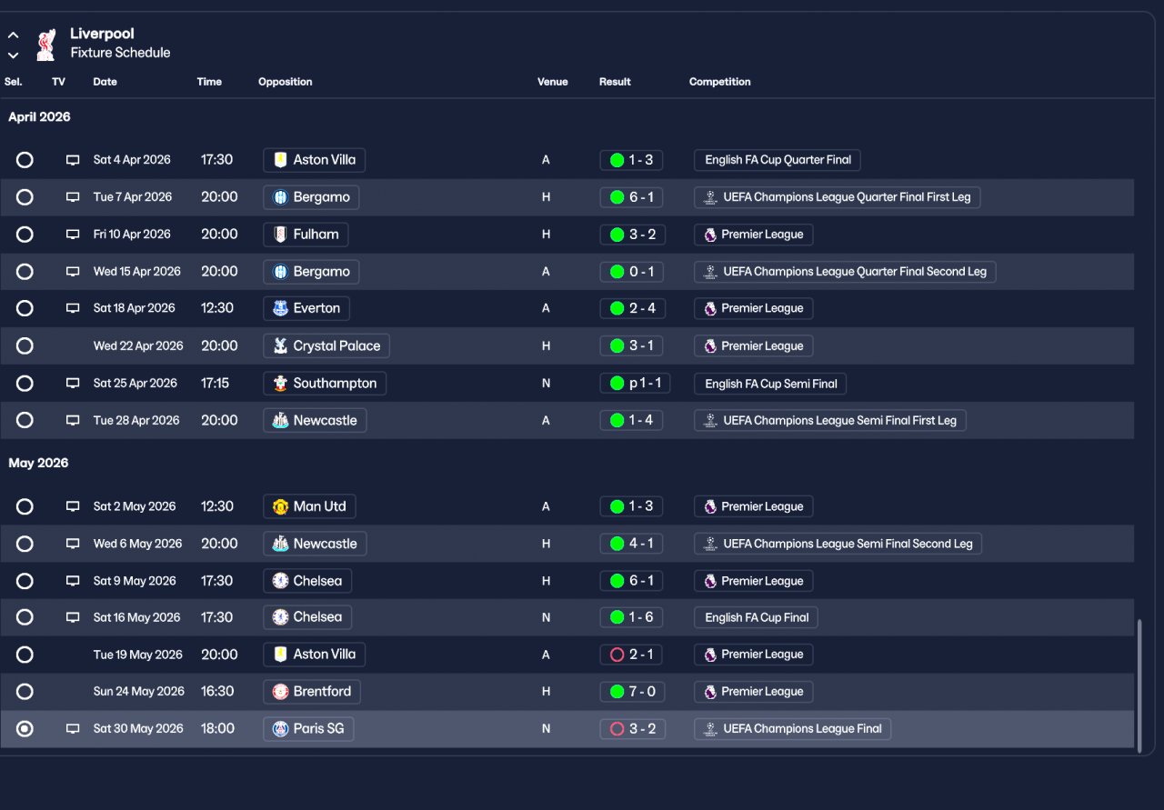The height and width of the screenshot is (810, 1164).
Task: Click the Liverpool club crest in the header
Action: click(x=45, y=44)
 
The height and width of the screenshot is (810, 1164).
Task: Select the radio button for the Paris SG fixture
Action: click(x=25, y=729)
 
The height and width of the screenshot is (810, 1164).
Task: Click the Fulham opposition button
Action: click(x=306, y=235)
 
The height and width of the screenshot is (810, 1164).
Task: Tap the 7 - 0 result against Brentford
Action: click(x=632, y=692)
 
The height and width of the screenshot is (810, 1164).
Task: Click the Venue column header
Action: click(x=552, y=82)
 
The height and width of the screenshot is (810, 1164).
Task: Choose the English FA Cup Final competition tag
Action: click(x=756, y=617)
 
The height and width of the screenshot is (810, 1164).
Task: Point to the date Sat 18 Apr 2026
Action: click(x=134, y=308)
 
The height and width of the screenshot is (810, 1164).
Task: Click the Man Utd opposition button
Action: click(x=309, y=506)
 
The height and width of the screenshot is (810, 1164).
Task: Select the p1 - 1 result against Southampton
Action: click(x=636, y=384)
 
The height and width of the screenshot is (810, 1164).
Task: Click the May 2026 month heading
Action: click(x=38, y=464)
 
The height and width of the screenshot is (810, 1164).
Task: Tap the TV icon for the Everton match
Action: click(x=73, y=308)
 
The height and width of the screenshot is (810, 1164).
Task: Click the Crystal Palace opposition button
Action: click(x=326, y=346)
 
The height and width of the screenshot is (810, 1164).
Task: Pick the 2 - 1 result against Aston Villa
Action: click(x=632, y=655)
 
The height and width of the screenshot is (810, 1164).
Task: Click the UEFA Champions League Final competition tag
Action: click(x=792, y=729)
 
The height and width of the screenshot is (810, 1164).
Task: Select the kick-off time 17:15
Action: click(x=216, y=384)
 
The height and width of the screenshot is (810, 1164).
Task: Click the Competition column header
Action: click(x=719, y=82)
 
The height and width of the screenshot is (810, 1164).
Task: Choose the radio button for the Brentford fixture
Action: click(x=25, y=692)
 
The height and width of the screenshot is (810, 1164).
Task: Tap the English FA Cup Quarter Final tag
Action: click(x=777, y=160)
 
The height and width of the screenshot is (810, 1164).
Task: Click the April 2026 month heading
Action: click(x=39, y=117)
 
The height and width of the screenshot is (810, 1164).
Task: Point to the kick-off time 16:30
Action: click(x=217, y=692)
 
